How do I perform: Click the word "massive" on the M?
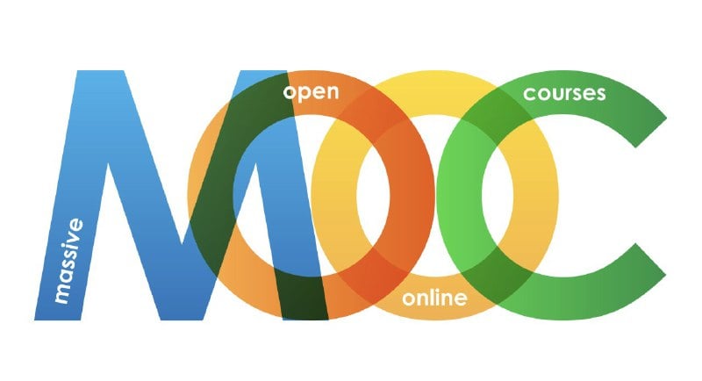point(68,261)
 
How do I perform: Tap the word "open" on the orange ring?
point(312,93)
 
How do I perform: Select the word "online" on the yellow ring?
point(434,298)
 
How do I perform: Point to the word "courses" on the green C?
point(564,94)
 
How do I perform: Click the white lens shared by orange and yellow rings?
point(374,195)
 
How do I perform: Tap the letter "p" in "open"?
point(303,94)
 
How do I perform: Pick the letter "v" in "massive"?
point(73,237)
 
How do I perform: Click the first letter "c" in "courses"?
point(528,95)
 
